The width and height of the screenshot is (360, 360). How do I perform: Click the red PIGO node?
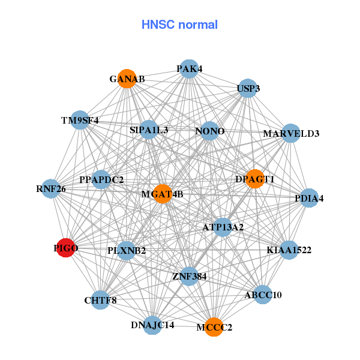pyautogui.click(x=65, y=248)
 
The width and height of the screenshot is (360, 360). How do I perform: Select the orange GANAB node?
pyautogui.click(x=127, y=79)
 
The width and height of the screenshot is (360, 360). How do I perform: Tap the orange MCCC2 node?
pyautogui.click(x=214, y=327)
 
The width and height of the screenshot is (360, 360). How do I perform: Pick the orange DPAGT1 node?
pyautogui.click(x=255, y=179)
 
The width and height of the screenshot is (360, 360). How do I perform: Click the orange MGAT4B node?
pyautogui.click(x=163, y=194)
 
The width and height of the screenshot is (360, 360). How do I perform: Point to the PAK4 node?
pyautogui.click(x=189, y=69)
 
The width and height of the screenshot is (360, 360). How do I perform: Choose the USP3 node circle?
pyautogui.click(x=248, y=89)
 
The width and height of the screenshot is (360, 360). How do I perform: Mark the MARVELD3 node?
pyautogui.click(x=291, y=133)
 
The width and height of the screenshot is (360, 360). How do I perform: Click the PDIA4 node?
pyautogui.click(x=308, y=198)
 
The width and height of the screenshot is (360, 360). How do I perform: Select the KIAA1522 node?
pyautogui.click(x=289, y=250)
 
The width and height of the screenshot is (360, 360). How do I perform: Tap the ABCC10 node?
pyautogui.click(x=263, y=295)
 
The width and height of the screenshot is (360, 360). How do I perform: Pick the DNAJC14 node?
pyautogui.click(x=152, y=325)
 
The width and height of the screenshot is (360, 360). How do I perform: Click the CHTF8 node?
pyautogui.click(x=100, y=300)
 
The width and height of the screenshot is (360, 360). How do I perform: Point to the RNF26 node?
pyautogui.click(x=51, y=189)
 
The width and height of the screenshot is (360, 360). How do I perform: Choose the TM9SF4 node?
pyautogui.click(x=80, y=120)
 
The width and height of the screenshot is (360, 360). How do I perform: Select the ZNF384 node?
pyautogui.click(x=189, y=276)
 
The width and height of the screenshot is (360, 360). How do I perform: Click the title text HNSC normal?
pyautogui.click(x=179, y=25)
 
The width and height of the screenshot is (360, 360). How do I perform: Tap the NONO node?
pyautogui.click(x=209, y=131)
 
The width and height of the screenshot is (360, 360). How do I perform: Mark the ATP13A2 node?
pyautogui.click(x=222, y=227)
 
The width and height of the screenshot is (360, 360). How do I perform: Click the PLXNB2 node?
pyautogui.click(x=127, y=250)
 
